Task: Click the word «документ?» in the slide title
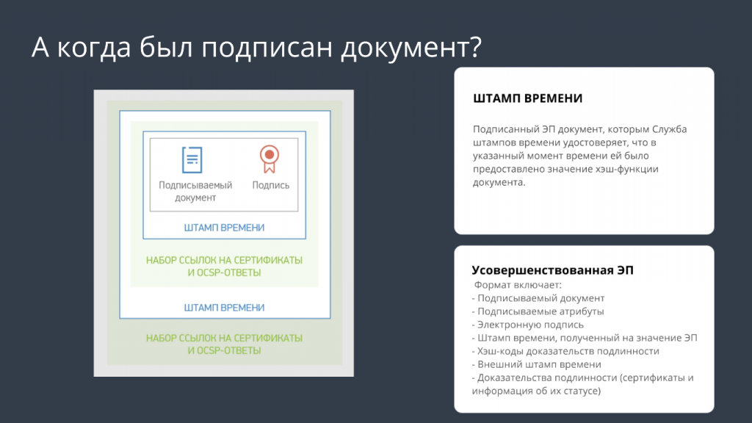coord(411,48)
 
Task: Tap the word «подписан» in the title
coord(267,48)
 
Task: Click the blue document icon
coord(192,159)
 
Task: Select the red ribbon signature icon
coord(270,159)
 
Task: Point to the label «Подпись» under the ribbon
coord(271,185)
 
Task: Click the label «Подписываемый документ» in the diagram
coord(195,192)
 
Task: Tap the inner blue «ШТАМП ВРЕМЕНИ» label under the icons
coord(224,228)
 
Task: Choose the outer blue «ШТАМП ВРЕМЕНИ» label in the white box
coord(224,308)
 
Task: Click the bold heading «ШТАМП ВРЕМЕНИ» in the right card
coord(527,98)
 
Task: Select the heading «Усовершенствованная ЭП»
coord(552,270)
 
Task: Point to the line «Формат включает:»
coord(518,285)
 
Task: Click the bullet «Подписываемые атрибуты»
coord(538,311)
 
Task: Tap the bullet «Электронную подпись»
coord(527,325)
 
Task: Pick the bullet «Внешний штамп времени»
coord(536,364)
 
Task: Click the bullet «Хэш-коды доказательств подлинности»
coord(565,351)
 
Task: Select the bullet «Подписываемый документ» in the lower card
coord(538,298)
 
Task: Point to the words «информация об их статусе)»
coord(536,391)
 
